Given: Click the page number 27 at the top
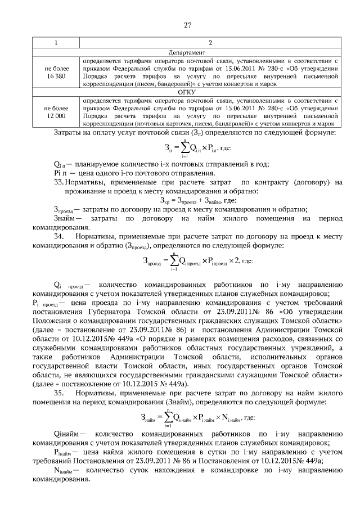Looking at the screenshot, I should coord(188,24).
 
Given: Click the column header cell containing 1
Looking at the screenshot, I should coord(55,43).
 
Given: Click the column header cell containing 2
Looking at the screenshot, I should coord(209,43).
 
